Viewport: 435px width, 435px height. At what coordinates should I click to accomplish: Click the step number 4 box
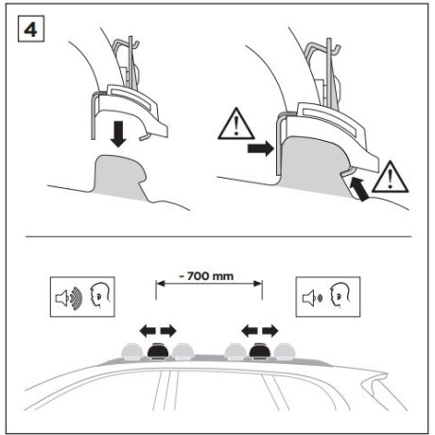(31, 28)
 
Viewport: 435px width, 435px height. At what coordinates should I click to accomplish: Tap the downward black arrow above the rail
(118, 134)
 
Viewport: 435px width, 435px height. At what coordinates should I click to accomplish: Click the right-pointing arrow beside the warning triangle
(260, 148)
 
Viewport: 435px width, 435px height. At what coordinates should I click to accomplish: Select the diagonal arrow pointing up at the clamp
(359, 189)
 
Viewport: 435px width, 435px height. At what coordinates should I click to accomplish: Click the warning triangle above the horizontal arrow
(235, 124)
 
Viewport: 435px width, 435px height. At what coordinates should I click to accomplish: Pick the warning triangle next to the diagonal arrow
(390, 177)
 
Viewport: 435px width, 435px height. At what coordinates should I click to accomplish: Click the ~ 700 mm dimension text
(206, 276)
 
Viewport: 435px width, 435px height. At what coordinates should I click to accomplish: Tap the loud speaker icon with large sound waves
(69, 297)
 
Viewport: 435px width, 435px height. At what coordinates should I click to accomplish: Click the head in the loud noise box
(100, 296)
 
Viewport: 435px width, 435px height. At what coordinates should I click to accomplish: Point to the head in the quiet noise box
(340, 296)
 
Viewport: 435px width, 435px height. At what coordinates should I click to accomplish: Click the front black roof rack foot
(158, 350)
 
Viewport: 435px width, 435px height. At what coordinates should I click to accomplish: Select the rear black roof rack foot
(260, 350)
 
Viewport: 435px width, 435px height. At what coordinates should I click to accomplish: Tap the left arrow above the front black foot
(148, 331)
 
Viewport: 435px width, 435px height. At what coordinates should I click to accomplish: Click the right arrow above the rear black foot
(270, 331)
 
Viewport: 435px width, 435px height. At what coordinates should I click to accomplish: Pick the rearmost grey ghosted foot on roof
(285, 352)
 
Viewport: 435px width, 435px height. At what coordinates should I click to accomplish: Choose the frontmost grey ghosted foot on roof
(132, 352)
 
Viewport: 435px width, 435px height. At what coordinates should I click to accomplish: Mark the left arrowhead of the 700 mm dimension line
(160, 284)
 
